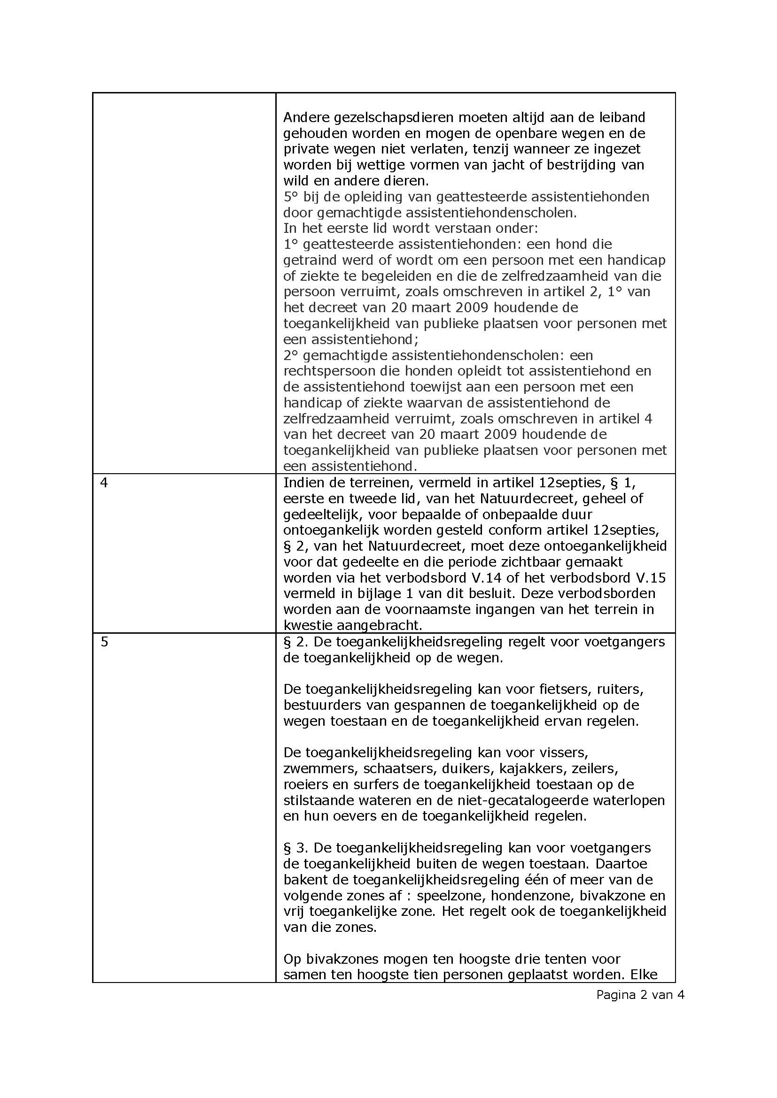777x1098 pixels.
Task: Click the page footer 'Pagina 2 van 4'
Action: point(640,995)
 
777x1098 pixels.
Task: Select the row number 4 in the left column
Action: point(104,483)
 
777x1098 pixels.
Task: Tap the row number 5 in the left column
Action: point(104,642)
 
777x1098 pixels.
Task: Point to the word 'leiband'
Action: point(620,117)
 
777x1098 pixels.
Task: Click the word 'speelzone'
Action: point(441,895)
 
